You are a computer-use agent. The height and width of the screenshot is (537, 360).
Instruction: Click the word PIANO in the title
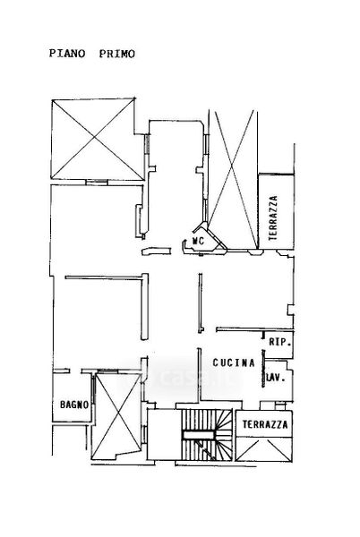click(67, 54)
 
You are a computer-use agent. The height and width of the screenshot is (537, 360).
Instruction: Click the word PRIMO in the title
click(117, 54)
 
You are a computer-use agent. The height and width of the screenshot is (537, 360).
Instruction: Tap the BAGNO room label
click(74, 405)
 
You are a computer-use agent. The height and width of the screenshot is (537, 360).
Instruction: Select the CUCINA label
click(234, 362)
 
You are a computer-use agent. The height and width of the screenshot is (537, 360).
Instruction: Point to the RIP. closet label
click(279, 342)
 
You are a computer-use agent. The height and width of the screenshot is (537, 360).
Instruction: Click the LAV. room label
click(276, 379)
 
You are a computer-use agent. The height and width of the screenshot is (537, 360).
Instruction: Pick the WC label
click(198, 241)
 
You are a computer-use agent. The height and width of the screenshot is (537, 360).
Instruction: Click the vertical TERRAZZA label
click(273, 217)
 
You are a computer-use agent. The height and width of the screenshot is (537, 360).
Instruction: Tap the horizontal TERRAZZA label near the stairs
click(265, 424)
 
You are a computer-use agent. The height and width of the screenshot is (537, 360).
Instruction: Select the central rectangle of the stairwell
click(198, 435)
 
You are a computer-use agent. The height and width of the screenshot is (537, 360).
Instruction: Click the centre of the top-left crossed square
click(94, 139)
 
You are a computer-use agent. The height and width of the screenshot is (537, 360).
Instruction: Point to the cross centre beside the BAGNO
click(118, 415)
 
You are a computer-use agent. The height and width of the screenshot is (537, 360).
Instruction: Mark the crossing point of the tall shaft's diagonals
click(232, 168)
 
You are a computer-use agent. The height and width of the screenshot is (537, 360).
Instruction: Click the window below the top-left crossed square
click(97, 183)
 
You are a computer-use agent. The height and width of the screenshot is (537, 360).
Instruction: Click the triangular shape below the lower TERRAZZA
click(264, 449)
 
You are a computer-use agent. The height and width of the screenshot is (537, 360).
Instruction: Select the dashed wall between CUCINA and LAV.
click(263, 368)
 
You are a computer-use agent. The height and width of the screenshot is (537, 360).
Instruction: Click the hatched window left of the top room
click(147, 144)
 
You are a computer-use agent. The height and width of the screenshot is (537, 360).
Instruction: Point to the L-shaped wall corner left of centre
click(145, 276)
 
